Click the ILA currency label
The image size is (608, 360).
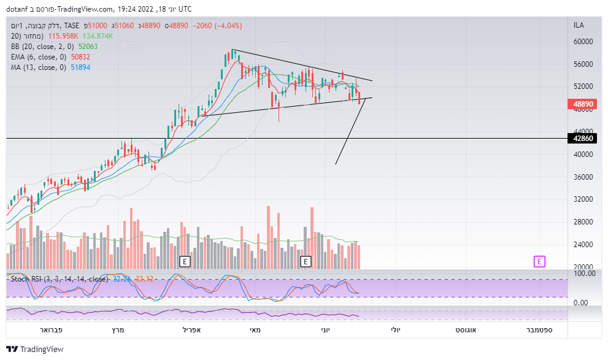tap(579, 25)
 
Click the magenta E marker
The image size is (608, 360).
tap(539, 261)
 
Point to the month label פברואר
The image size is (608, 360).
tap(50, 330)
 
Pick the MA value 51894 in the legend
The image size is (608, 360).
tap(80, 67)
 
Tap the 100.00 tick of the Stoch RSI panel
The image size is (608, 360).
tap(583, 273)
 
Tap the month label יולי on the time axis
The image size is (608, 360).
tap(396, 330)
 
